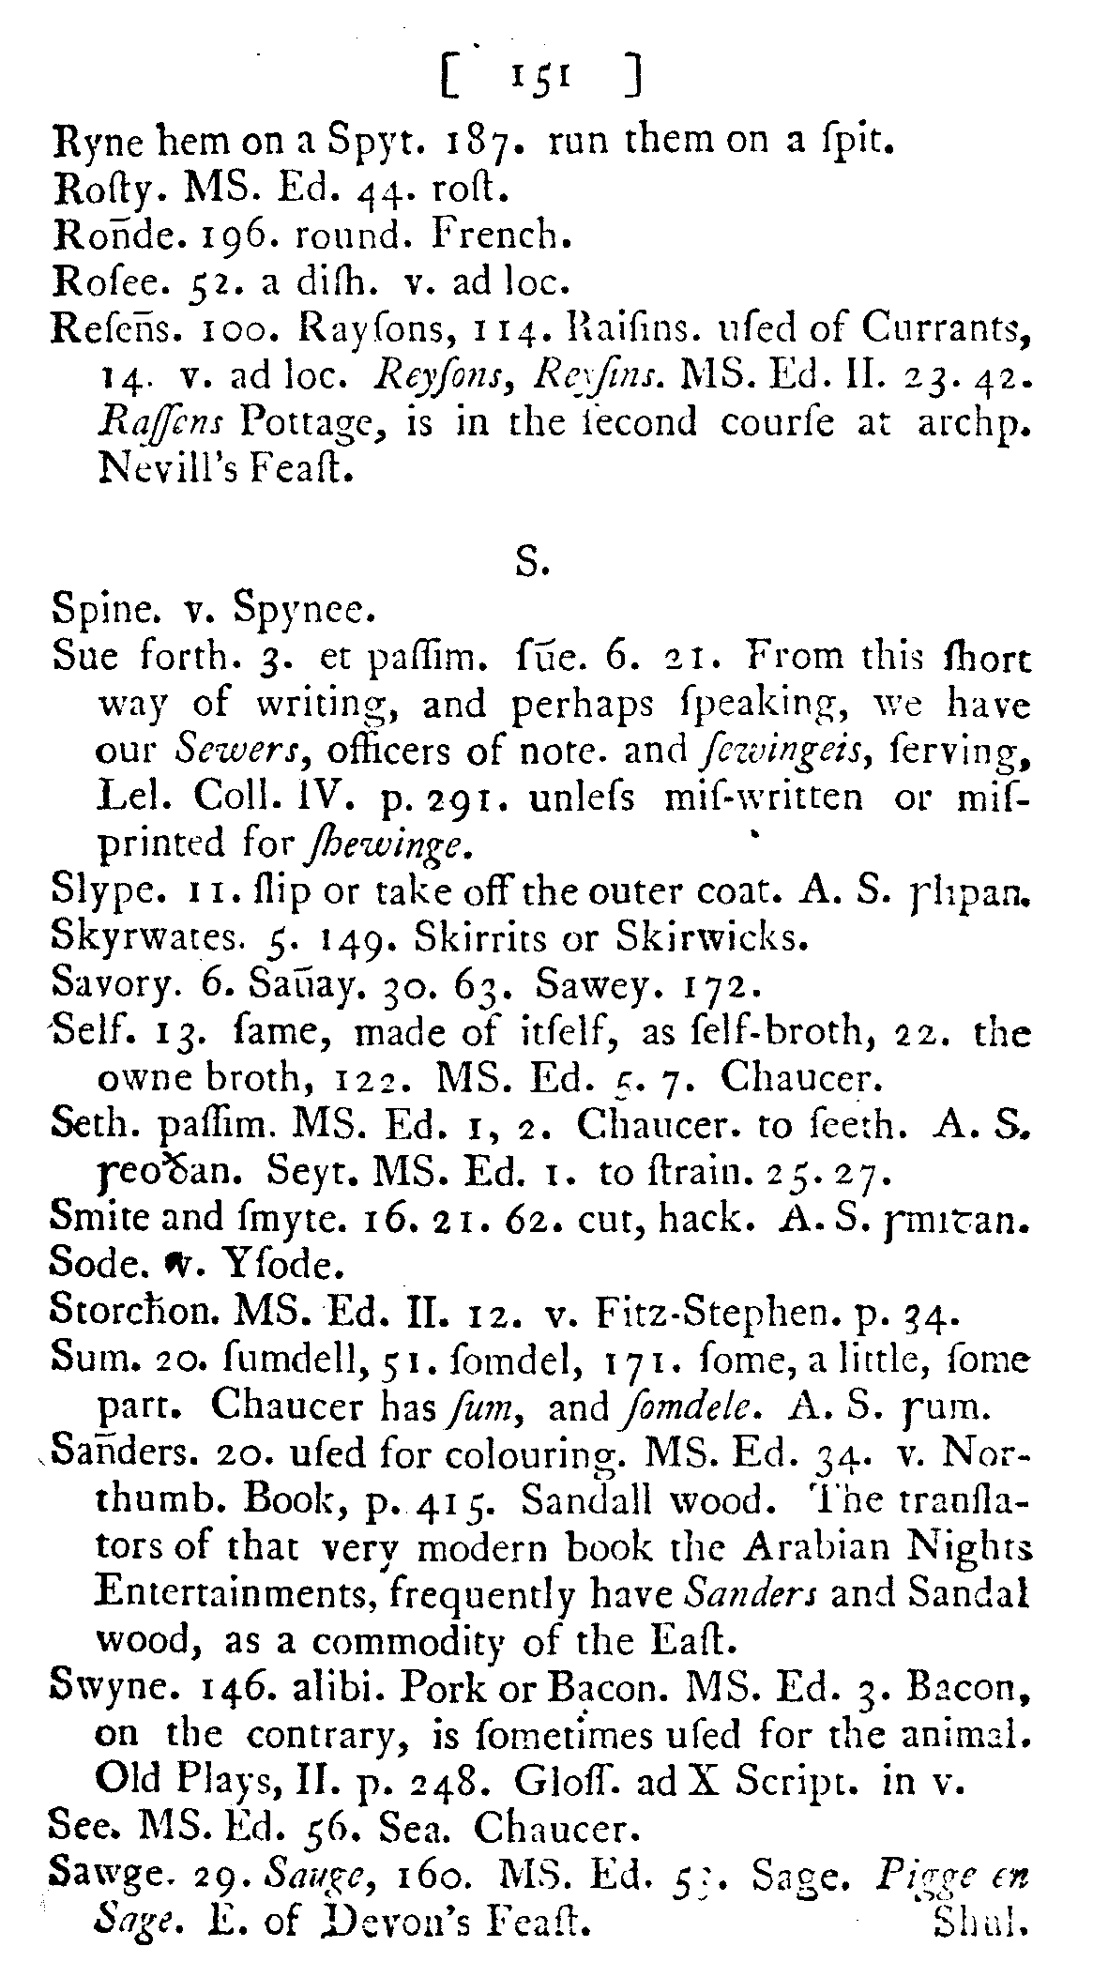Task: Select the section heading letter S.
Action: pos(526,565)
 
